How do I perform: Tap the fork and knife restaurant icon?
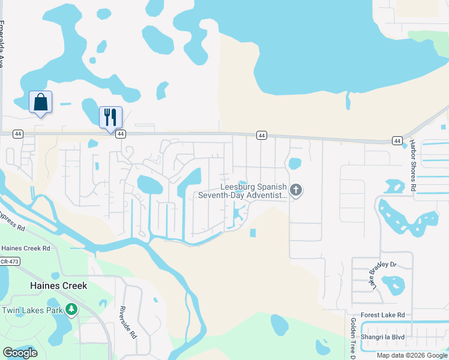pos(110,116)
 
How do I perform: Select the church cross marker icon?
pos(295,190)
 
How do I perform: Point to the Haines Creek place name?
pos(59,286)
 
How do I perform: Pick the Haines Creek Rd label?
pos(26,248)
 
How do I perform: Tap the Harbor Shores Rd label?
pos(413,166)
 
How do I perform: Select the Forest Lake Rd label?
pos(383,315)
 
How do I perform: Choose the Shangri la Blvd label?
pos(383,337)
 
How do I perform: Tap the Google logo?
pos(20,353)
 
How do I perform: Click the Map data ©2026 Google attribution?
pos(412,355)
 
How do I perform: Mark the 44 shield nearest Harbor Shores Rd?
pos(397,140)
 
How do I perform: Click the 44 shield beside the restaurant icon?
pos(121,134)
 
